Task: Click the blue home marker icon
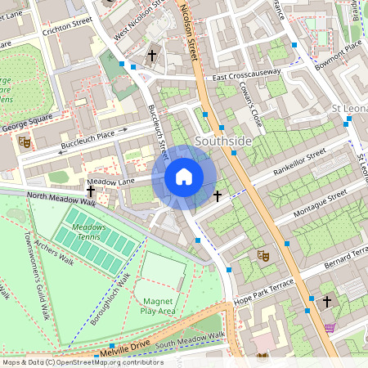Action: click(x=184, y=177)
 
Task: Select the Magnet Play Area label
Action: click(x=158, y=306)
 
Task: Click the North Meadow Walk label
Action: click(x=61, y=198)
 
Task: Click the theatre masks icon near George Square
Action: click(x=25, y=141)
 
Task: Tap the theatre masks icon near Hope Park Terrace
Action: click(x=263, y=255)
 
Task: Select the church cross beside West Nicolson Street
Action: click(x=152, y=56)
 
